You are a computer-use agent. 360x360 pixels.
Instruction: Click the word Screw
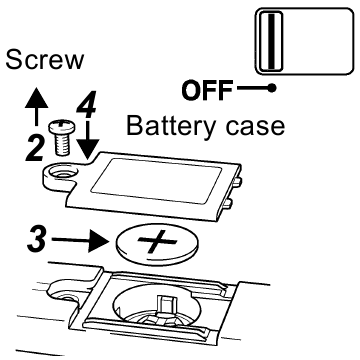point(45,60)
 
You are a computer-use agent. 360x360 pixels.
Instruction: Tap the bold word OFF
point(207,91)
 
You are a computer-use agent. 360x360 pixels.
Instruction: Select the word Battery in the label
point(170,127)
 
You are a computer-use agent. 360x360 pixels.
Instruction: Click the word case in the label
point(255,127)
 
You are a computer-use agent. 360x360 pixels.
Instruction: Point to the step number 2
point(35,147)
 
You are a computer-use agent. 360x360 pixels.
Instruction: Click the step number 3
point(37,239)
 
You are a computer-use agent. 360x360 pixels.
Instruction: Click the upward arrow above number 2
point(36,106)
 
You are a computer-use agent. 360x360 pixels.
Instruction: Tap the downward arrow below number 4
point(88,140)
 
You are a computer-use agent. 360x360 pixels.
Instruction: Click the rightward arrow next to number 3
point(81,240)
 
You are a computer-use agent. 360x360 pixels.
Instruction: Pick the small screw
point(62,138)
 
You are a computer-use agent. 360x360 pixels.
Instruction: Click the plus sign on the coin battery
point(157,241)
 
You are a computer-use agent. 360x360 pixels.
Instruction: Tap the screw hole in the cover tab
point(62,173)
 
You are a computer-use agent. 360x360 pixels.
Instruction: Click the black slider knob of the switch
point(271,41)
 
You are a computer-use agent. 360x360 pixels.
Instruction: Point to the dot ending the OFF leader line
point(272,88)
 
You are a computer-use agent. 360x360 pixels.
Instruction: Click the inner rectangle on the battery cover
point(156,181)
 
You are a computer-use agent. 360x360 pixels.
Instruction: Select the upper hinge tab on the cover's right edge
point(237,182)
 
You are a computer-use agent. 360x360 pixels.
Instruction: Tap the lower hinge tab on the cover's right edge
point(228,203)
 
